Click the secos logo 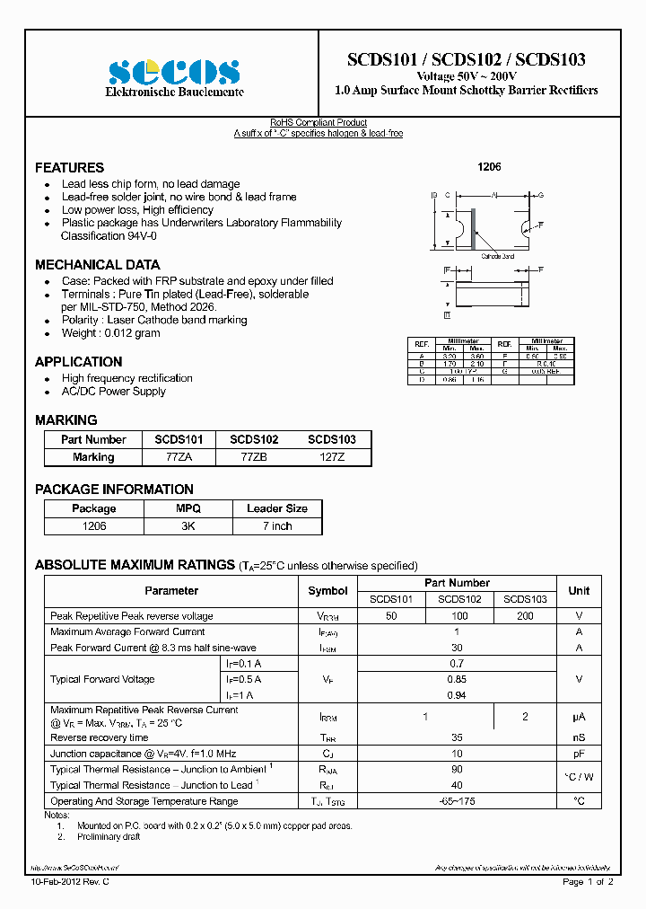coord(174,72)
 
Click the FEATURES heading coord(69,168)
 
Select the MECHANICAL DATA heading coord(97,265)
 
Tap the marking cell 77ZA coord(179,457)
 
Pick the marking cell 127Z coord(331,457)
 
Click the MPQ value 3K coord(188,525)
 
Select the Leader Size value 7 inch coord(276,525)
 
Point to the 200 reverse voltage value coord(525,616)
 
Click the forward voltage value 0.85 coord(457,679)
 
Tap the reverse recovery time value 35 coord(457,737)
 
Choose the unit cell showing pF coord(579,754)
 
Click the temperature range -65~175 coord(457,801)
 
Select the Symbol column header coord(327,591)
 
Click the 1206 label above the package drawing coord(489,168)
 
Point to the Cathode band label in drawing coord(497,256)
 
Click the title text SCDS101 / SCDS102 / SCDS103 coord(466,60)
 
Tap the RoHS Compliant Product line coord(319,123)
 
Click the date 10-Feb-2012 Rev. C coord(71,882)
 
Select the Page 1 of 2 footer coord(588,882)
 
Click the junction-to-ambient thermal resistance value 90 coord(457,770)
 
